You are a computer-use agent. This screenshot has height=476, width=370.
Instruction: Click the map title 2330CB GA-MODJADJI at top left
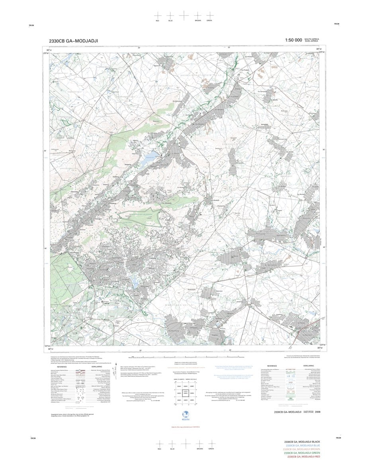click(73, 41)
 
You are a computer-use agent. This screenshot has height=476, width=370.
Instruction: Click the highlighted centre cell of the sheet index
click(185, 393)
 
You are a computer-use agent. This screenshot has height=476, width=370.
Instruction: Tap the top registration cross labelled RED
click(158, 15)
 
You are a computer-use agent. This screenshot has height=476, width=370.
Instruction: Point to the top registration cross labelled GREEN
click(209, 15)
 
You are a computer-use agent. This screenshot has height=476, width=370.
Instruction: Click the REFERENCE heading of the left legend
click(62, 366)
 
